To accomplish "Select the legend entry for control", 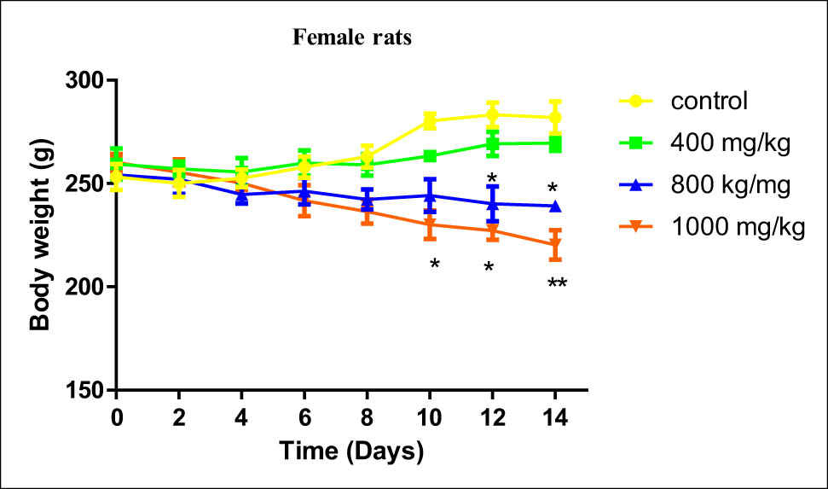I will [709, 101].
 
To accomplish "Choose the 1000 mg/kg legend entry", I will [738, 229].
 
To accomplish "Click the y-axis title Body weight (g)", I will [39, 235].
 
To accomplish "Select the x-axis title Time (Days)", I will [352, 451].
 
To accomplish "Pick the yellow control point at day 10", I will [430, 121].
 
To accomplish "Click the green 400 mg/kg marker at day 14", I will [555, 143].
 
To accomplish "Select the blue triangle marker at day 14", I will [555, 206].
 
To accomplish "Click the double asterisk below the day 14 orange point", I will [557, 285].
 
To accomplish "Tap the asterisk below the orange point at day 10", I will [434, 265].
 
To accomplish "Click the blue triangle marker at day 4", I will [241, 195].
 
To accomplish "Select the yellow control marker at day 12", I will [492, 114].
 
